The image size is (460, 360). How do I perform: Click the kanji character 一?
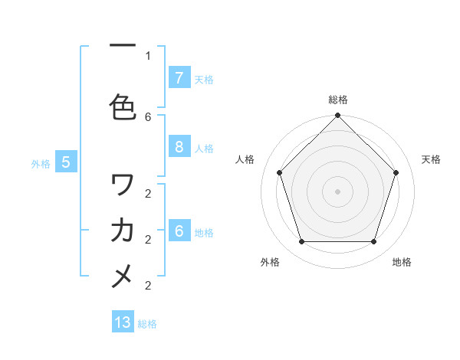[123, 47]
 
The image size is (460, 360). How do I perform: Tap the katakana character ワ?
[123, 185]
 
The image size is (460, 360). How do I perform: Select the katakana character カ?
[123, 230]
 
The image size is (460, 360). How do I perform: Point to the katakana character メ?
[123, 276]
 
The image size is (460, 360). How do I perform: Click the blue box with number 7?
[179, 78]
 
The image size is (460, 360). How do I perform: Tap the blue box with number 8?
[179, 148]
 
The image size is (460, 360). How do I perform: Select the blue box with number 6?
[179, 231]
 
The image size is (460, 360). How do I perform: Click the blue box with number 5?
[66, 162]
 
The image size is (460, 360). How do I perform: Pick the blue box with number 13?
[123, 322]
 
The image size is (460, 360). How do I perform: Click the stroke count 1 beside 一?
[148, 56]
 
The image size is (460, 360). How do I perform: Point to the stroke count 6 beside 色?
[148, 116]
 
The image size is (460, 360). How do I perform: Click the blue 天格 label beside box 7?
[204, 79]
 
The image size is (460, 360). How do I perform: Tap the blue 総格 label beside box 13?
[147, 324]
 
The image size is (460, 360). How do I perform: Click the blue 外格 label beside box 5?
[41, 163]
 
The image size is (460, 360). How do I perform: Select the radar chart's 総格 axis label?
[338, 100]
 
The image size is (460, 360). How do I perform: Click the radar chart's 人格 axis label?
[245, 159]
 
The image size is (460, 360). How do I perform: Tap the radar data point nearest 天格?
[396, 172]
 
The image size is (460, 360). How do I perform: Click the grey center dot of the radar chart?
[337, 191]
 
